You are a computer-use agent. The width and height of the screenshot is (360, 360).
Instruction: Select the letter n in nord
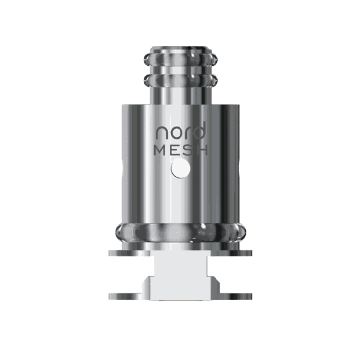(161, 134)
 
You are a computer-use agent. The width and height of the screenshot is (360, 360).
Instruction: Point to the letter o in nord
(173, 134)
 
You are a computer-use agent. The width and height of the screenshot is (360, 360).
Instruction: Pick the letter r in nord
(184, 134)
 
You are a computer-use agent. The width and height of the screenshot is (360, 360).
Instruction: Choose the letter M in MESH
(161, 151)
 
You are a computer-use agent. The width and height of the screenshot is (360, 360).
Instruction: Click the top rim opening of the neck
(180, 49)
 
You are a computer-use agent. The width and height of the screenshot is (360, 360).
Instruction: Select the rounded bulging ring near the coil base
(180, 231)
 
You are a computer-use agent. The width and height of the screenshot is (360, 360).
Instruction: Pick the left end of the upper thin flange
(111, 253)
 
